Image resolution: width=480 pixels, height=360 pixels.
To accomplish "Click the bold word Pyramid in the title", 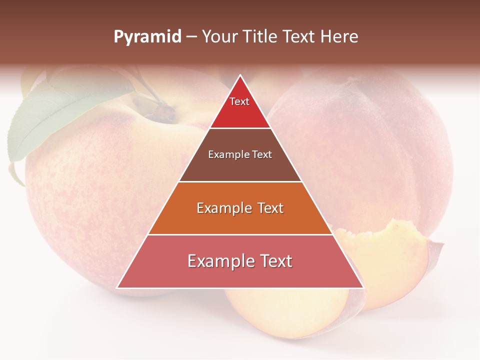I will point(147,37).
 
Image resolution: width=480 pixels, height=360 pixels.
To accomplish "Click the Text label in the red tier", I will point(239,101).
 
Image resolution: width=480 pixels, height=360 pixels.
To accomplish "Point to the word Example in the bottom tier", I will point(217,261).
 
